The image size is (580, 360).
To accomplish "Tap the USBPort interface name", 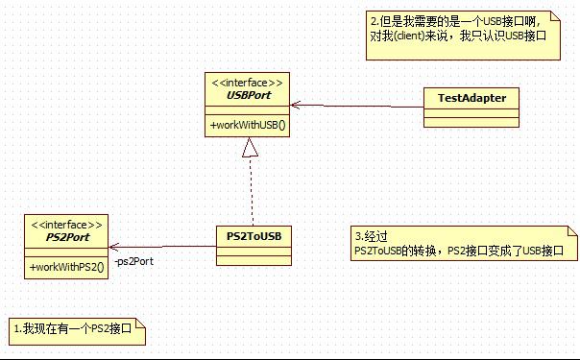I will (x=247, y=96).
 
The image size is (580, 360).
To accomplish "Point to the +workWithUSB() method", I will (x=247, y=126).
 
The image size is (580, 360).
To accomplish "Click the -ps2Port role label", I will (x=133, y=261).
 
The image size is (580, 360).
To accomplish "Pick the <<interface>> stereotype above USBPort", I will (x=247, y=83).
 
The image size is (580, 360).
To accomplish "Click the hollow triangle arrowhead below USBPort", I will (x=250, y=147).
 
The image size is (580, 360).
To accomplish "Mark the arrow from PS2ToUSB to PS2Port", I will (x=163, y=246).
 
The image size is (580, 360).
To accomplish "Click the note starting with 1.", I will (x=77, y=329).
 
